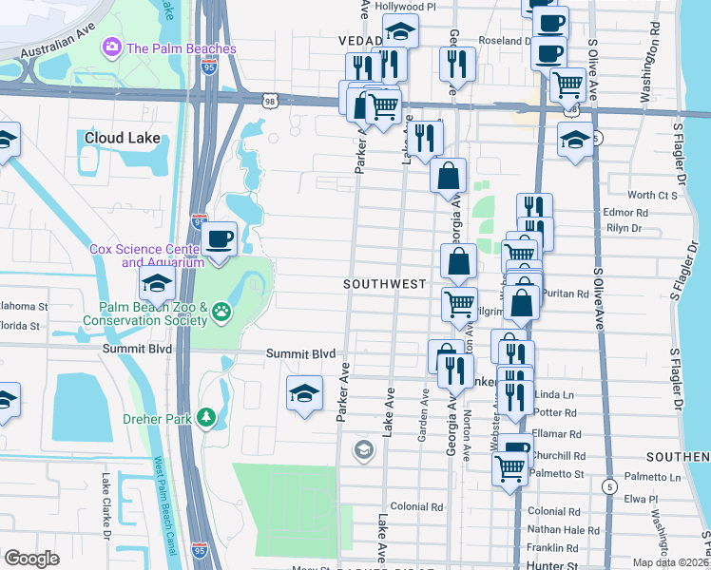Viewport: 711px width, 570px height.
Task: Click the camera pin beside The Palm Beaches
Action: tap(112, 47)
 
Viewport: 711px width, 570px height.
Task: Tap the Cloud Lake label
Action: tap(123, 138)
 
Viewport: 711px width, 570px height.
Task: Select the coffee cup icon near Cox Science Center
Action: tap(219, 238)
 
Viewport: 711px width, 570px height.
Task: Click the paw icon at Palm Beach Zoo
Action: tap(221, 311)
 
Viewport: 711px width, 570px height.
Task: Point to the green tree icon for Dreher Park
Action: tap(204, 417)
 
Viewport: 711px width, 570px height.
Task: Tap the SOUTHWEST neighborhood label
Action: tap(384, 284)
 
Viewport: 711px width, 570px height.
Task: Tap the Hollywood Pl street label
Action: tap(404, 6)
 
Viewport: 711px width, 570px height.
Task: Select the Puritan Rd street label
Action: tap(568, 294)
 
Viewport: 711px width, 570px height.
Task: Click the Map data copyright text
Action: tap(672, 562)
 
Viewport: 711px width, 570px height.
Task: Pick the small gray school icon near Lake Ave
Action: tap(362, 450)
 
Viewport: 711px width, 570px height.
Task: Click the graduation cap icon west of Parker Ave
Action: tap(304, 393)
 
